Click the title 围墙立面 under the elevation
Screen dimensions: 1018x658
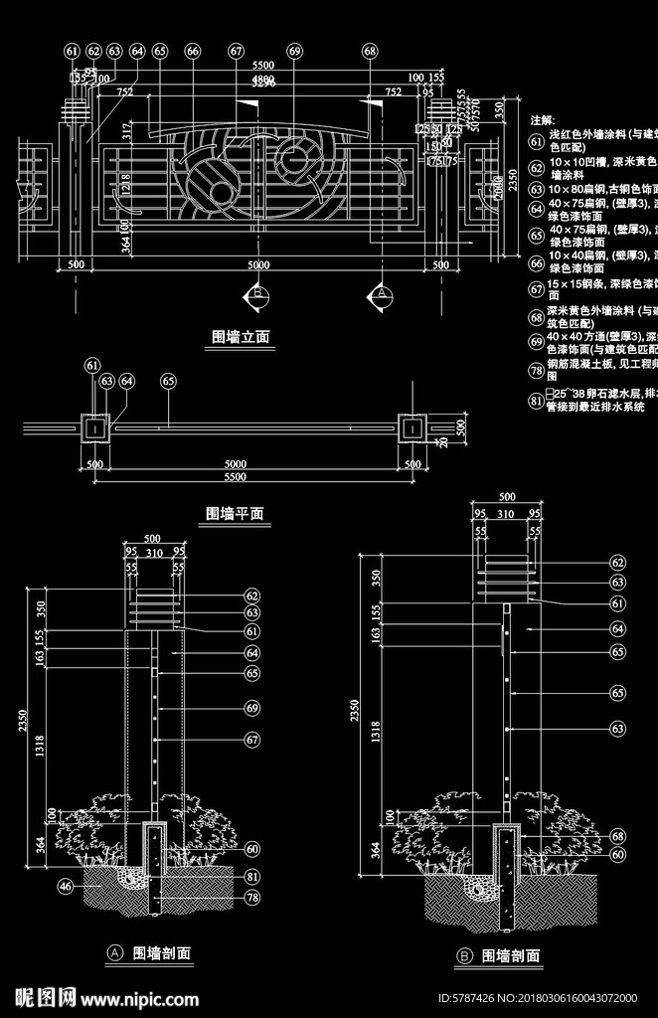[242, 337]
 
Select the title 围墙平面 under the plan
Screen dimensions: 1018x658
[235, 513]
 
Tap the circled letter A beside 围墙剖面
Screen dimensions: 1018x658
[114, 953]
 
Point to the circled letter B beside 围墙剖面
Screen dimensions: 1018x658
[464, 955]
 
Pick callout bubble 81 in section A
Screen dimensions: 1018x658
[252, 876]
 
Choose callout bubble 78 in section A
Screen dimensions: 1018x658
[252, 898]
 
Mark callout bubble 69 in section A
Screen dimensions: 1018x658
[252, 708]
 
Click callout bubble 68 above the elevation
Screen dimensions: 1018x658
[370, 51]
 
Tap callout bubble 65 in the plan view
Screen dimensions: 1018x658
[168, 381]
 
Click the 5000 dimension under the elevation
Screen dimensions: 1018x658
[258, 265]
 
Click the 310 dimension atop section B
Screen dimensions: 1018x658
[506, 514]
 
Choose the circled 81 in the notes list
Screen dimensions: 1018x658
[537, 403]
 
